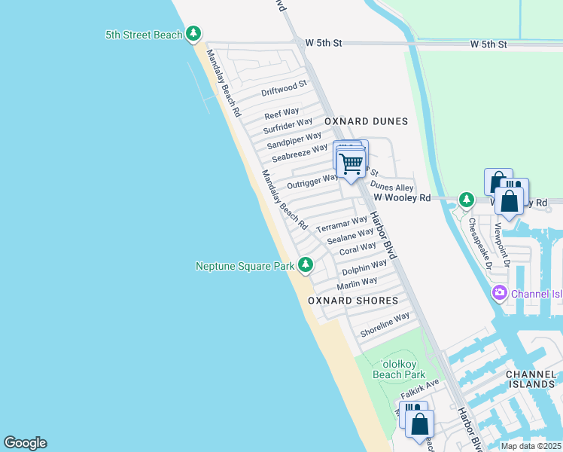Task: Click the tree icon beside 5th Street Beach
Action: pos(194,34)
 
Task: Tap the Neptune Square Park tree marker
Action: pos(306,264)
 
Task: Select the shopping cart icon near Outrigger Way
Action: pos(351,163)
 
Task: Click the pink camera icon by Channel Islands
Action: pos(498,292)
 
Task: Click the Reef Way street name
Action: pos(281,114)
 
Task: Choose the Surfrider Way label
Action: pos(288,126)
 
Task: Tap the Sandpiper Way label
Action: pos(294,139)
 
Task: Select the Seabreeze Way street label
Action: pos(300,153)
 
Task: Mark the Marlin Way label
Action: pos(357,283)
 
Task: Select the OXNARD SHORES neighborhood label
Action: pos(353,301)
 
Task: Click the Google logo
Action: pos(25,443)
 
